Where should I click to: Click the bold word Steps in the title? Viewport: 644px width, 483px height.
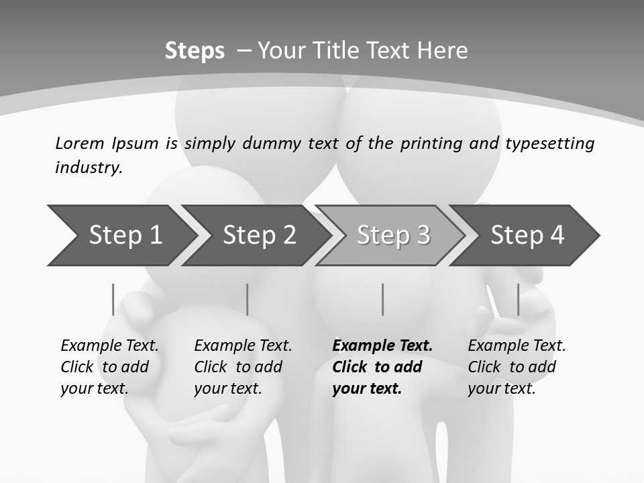[195, 51]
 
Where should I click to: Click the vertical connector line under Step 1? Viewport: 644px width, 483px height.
[113, 299]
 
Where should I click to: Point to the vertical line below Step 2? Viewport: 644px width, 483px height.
[248, 299]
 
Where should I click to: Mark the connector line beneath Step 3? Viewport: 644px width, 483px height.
[383, 299]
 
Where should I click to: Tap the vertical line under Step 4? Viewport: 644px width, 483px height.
[518, 299]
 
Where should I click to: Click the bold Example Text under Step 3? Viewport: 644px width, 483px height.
[382, 346]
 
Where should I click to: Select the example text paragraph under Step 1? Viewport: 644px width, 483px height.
[109, 367]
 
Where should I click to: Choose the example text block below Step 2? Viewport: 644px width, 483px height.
[243, 367]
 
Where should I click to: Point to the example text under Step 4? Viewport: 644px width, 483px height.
[517, 367]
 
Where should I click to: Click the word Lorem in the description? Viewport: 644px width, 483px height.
[80, 144]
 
